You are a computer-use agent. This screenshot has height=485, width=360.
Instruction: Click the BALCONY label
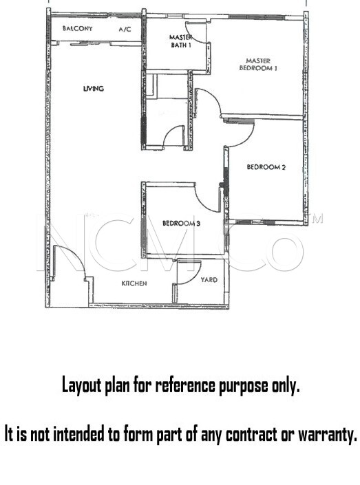tap(77, 28)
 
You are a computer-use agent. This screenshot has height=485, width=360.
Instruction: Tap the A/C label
tap(125, 30)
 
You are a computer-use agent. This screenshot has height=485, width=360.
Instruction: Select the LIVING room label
tap(94, 89)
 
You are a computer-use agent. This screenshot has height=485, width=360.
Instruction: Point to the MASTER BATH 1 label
tap(181, 41)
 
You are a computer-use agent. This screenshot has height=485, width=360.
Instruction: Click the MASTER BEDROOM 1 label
tap(258, 65)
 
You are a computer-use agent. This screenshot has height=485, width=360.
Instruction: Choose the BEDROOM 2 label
tap(266, 167)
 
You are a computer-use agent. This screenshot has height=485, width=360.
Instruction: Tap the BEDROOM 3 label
tap(182, 223)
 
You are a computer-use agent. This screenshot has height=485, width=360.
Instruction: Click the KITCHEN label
tap(134, 283)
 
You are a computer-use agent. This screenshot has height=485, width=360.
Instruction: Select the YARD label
tap(209, 279)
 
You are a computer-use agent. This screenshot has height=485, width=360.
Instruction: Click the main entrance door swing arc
tap(75, 255)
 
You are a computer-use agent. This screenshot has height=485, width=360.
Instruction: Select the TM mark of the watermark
tap(317, 219)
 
